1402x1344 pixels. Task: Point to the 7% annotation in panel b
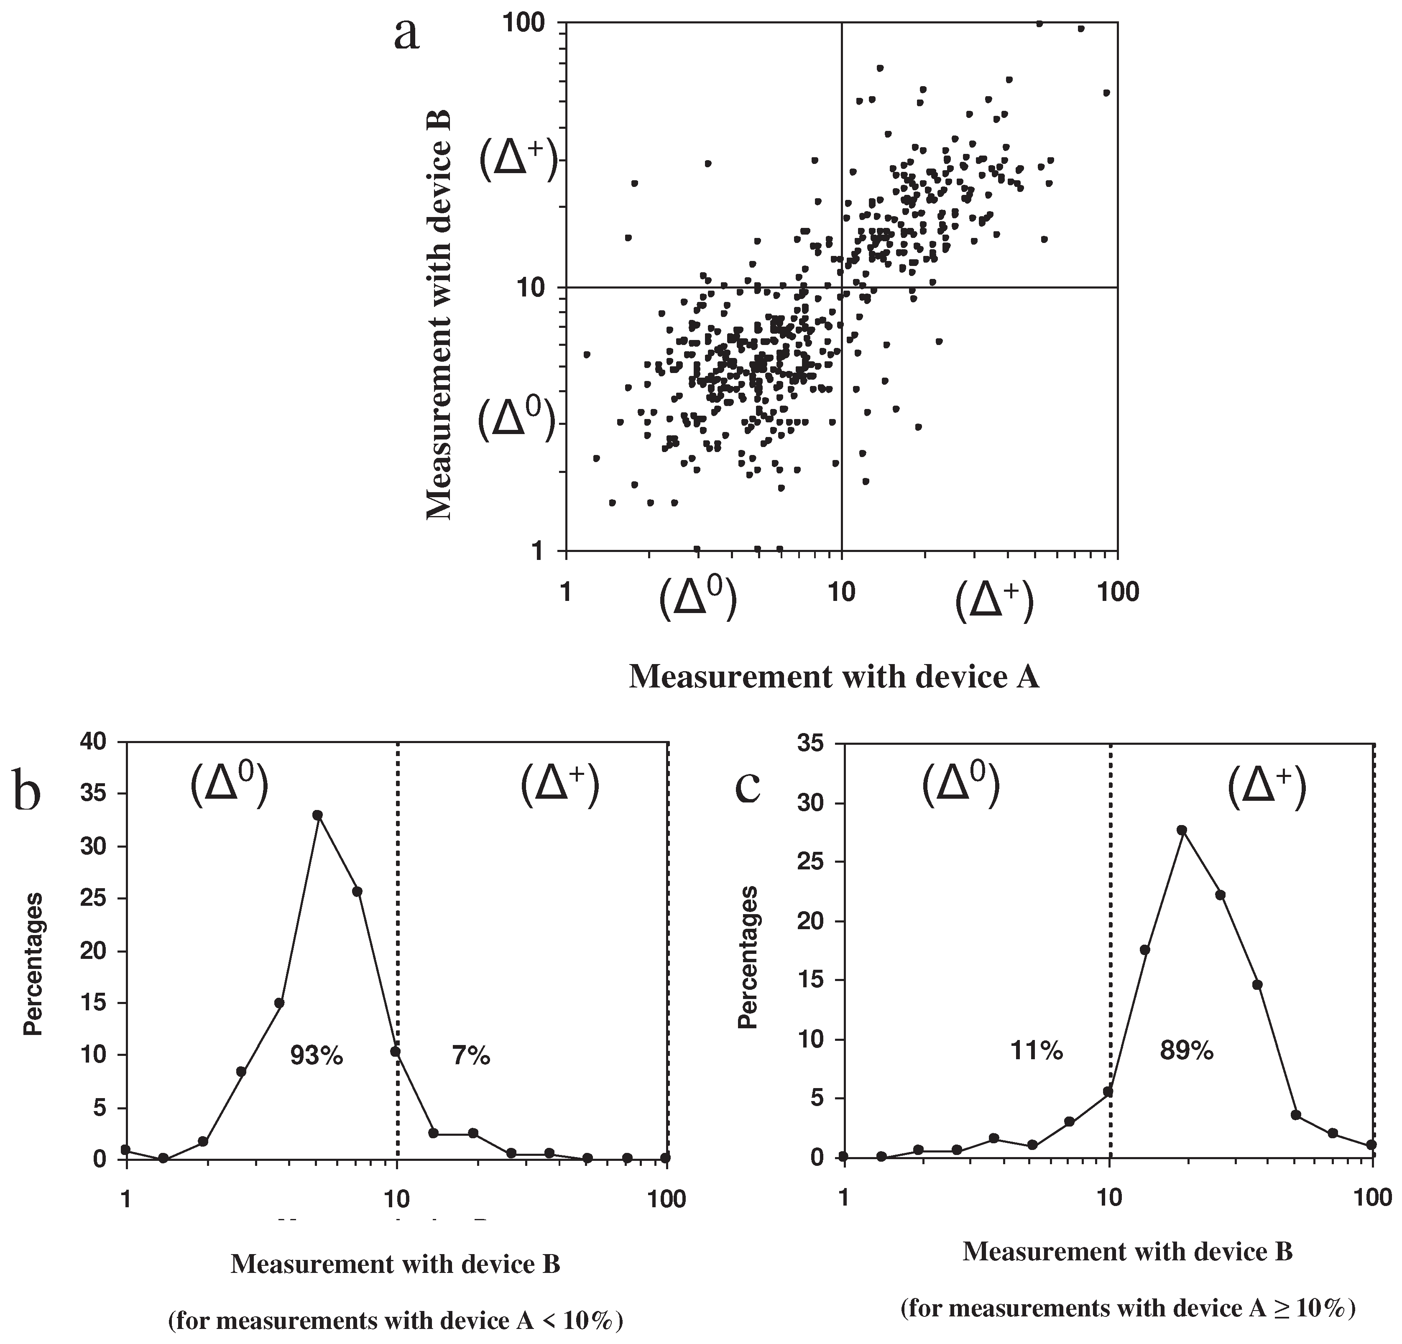click(471, 1055)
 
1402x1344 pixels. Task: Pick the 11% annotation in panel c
click(1037, 1051)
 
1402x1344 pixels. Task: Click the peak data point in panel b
click(318, 815)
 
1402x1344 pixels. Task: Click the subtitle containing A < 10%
click(396, 1321)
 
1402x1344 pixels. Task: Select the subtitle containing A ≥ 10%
click(1128, 1308)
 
